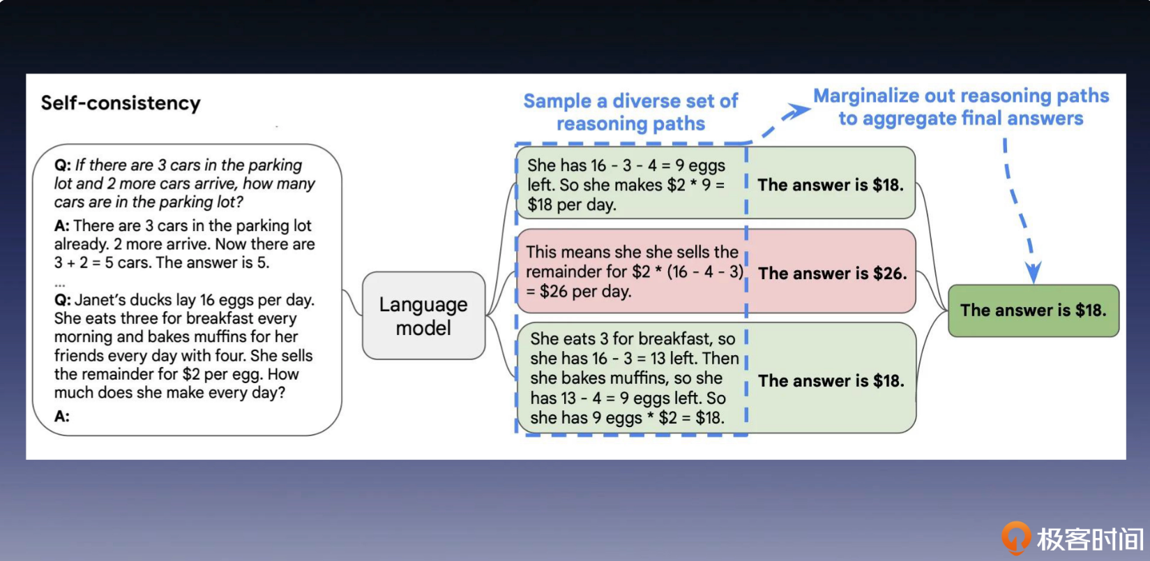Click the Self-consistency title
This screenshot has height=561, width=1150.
[121, 103]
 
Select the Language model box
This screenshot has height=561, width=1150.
[423, 315]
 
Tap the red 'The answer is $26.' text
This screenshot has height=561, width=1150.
[832, 274]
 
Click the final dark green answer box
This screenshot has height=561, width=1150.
[1034, 311]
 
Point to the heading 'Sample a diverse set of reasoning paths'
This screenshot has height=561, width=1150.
[630, 112]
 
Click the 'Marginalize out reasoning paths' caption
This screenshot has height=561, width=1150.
[961, 96]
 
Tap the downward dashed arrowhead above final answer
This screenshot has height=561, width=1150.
[1033, 272]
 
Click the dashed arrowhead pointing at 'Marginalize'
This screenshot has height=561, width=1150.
[799, 110]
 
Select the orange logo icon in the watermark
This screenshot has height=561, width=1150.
[1016, 538]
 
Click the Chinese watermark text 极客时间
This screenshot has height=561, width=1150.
[1090, 539]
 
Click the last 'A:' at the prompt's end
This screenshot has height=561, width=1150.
[61, 416]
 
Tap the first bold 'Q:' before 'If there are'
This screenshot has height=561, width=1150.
[63, 165]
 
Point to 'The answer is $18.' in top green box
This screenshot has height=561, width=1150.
[831, 185]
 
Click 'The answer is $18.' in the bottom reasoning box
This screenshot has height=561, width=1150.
[831, 381]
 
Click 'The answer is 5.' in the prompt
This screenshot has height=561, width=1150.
[213, 263]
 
